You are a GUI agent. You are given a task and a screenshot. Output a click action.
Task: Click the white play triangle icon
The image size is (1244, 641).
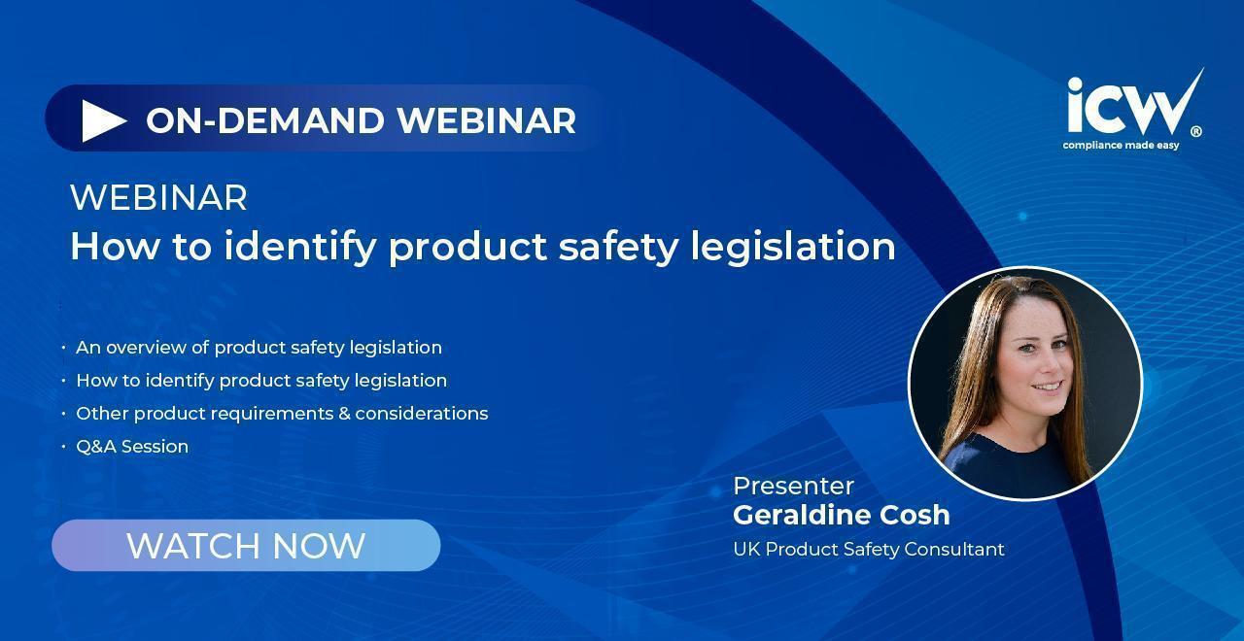pos(103,120)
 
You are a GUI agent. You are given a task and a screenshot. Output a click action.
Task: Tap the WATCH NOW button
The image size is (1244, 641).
pos(246,545)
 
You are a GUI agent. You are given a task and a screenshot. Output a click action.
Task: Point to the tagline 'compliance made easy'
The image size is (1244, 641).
pos(1121,146)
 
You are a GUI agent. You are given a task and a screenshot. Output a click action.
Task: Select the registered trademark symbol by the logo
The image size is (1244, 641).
pos(1196,131)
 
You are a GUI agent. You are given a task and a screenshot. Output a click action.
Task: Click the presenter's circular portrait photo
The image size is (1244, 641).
pos(1025,384)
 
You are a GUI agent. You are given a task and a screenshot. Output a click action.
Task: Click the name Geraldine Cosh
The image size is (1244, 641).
pos(842,515)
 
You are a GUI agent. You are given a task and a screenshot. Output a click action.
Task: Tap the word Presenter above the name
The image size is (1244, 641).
pos(793,487)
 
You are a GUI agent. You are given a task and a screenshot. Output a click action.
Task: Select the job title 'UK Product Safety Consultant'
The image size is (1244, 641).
pos(869,550)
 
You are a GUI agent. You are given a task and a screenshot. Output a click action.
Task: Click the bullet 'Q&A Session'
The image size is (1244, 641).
pos(132,447)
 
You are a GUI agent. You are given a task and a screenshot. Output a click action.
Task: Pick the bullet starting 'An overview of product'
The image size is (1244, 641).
pos(259,348)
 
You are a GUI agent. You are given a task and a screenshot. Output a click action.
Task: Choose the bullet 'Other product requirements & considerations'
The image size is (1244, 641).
pos(282,414)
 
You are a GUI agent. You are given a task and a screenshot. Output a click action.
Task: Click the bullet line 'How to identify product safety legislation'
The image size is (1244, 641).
pos(261,381)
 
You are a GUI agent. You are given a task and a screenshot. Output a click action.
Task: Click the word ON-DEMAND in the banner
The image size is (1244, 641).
pos(265,120)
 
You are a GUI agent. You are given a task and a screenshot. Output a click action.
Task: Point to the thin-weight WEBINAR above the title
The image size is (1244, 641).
pos(158,197)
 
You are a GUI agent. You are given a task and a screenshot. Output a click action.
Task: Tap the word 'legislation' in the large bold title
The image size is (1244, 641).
pos(793,247)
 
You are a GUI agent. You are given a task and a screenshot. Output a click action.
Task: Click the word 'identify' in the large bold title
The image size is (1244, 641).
pos(300,247)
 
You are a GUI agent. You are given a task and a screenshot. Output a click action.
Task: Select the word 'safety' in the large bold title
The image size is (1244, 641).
pos(618,247)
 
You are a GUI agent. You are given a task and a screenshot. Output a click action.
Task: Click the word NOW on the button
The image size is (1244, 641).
pos(319,546)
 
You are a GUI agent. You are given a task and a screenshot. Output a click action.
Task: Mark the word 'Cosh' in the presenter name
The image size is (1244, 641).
pos(915,515)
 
